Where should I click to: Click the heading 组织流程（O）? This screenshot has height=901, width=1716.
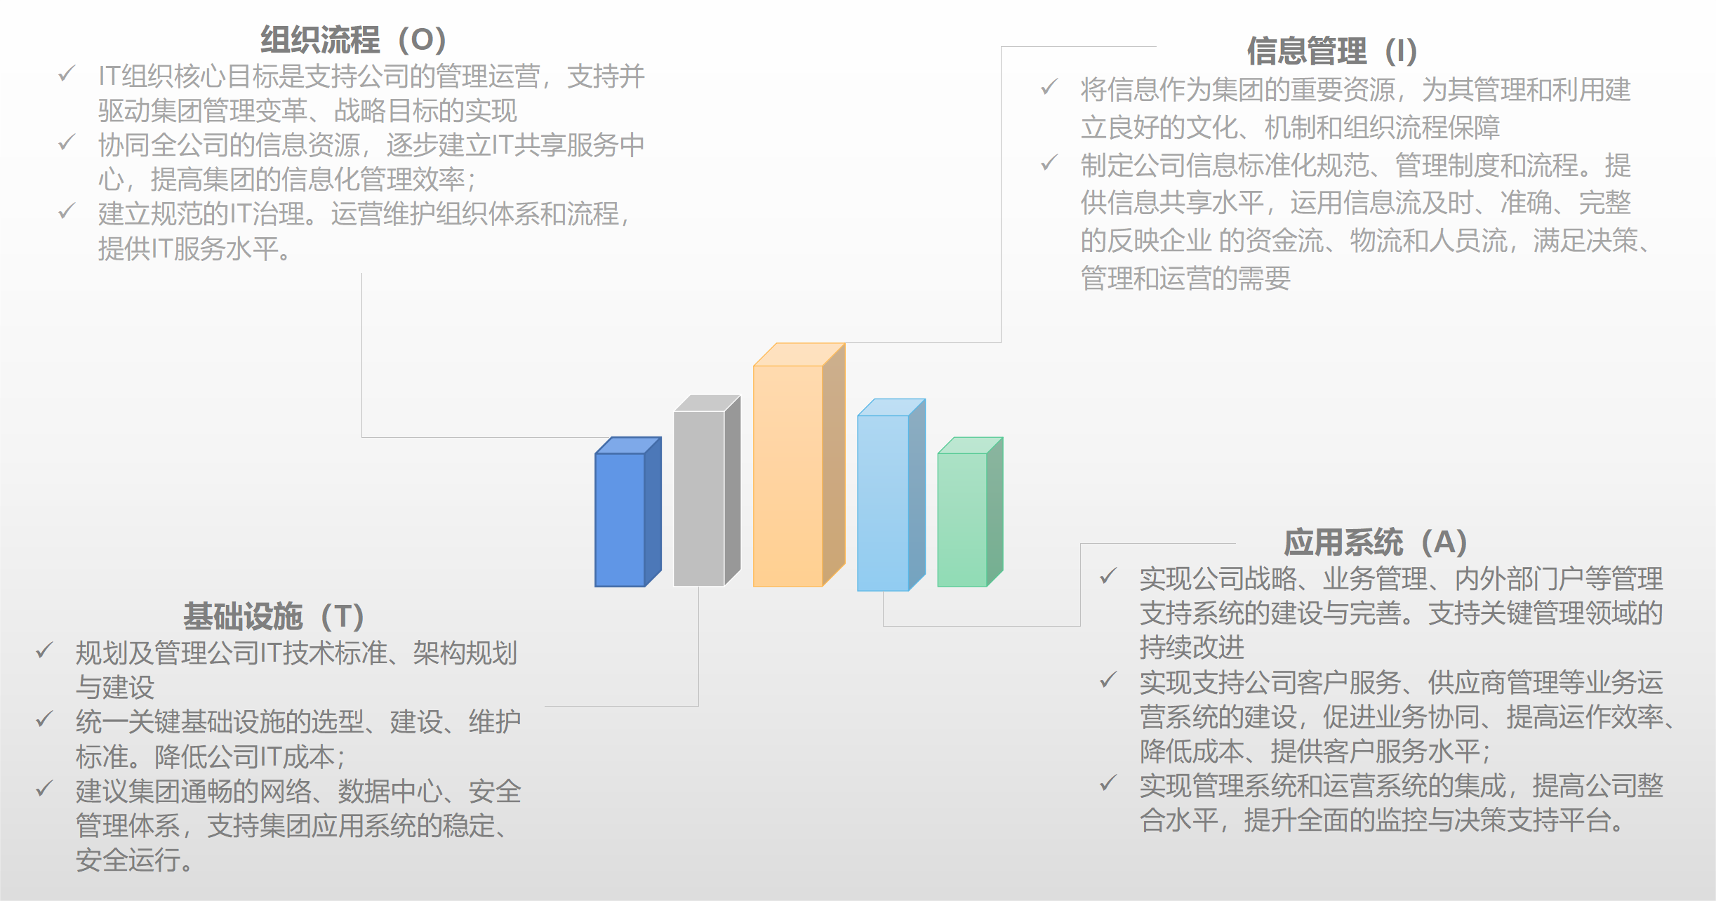pyautogui.click(x=354, y=40)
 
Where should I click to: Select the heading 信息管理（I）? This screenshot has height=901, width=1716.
pyautogui.click(x=1332, y=51)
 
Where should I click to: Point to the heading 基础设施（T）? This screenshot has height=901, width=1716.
pyautogui.click(x=274, y=616)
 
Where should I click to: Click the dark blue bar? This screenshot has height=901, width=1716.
pyautogui.click(x=628, y=512)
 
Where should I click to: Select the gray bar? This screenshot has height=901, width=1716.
pyautogui.click(x=707, y=491)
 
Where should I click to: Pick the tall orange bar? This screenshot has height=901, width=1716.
pyautogui.click(x=799, y=465)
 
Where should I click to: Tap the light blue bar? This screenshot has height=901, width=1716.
pyautogui.click(x=891, y=495)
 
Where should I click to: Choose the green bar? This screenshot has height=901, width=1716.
pyautogui.click(x=970, y=512)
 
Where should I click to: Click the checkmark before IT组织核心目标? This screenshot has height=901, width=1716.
pyautogui.click(x=67, y=74)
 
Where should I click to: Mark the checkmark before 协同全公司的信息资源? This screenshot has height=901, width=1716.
pyautogui.click(x=67, y=142)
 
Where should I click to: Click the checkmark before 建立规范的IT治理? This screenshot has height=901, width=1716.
pyautogui.click(x=67, y=211)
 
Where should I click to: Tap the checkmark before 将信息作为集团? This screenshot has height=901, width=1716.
pyautogui.click(x=1049, y=87)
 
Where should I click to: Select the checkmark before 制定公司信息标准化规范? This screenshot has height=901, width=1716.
pyautogui.click(x=1049, y=163)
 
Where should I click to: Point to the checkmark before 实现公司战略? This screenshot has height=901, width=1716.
pyautogui.click(x=1108, y=576)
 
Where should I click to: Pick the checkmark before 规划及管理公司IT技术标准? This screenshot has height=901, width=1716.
pyautogui.click(x=44, y=650)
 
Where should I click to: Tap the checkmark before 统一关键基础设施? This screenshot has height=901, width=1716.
pyautogui.click(x=44, y=719)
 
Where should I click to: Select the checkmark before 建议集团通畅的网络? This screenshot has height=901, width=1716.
pyautogui.click(x=44, y=789)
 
